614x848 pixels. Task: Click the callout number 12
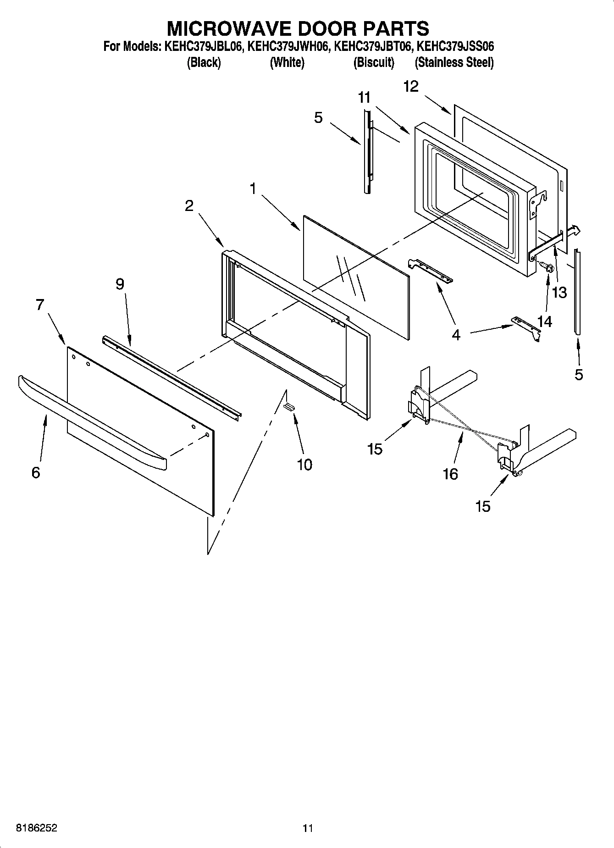[411, 86]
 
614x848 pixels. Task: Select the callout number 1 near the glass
[253, 188]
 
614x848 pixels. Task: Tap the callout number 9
[120, 284]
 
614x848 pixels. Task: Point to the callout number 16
[450, 474]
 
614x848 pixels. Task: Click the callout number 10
[304, 465]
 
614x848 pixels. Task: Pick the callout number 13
[559, 293]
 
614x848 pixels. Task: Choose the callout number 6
[36, 472]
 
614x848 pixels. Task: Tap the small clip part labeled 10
[289, 406]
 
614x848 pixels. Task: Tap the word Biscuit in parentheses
[374, 63]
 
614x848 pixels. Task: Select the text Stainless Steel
[454, 63]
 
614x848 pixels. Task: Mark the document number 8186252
[37, 828]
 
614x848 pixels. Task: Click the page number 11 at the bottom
[307, 828]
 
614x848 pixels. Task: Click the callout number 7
[40, 305]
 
